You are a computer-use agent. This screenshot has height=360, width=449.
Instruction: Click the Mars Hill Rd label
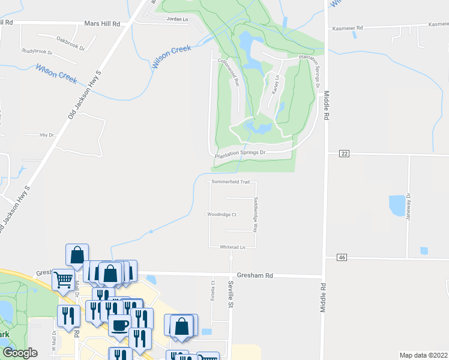[x=102, y=23]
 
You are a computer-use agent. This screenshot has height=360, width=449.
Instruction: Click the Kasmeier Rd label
[x=347, y=28]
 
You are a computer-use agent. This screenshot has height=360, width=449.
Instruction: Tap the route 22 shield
[x=343, y=154]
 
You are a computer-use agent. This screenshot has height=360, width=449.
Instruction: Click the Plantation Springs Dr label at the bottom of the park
[x=240, y=153]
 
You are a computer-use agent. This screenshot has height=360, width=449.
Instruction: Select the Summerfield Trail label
[x=230, y=182]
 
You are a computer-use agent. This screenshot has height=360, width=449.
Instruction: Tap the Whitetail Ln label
[x=233, y=247]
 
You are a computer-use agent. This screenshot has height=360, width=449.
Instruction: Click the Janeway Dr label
[x=409, y=204]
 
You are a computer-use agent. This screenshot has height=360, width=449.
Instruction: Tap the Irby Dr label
[x=47, y=135]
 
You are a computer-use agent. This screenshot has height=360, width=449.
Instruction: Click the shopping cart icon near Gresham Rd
[x=63, y=278]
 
